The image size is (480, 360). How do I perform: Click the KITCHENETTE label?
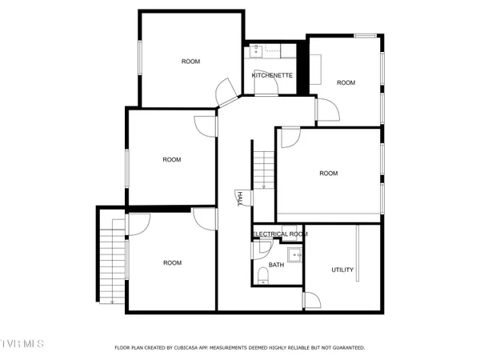(272, 75)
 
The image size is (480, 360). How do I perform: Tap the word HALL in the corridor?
(238, 199)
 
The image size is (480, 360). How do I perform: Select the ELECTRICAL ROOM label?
(280, 234)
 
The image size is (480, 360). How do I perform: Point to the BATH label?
(276, 265)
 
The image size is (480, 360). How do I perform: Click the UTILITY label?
(342, 270)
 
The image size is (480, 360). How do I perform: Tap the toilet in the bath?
(263, 278)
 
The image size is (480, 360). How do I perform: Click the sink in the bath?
(295, 257)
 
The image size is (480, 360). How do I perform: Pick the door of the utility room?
(313, 299)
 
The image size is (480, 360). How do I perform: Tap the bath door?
(259, 250)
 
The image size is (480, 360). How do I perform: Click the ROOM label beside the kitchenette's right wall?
(346, 82)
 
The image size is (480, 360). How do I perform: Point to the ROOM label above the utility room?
(328, 173)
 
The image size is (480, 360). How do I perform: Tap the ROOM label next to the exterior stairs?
(172, 262)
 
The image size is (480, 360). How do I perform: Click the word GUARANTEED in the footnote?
(347, 348)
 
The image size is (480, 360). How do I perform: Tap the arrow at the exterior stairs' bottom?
(113, 300)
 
